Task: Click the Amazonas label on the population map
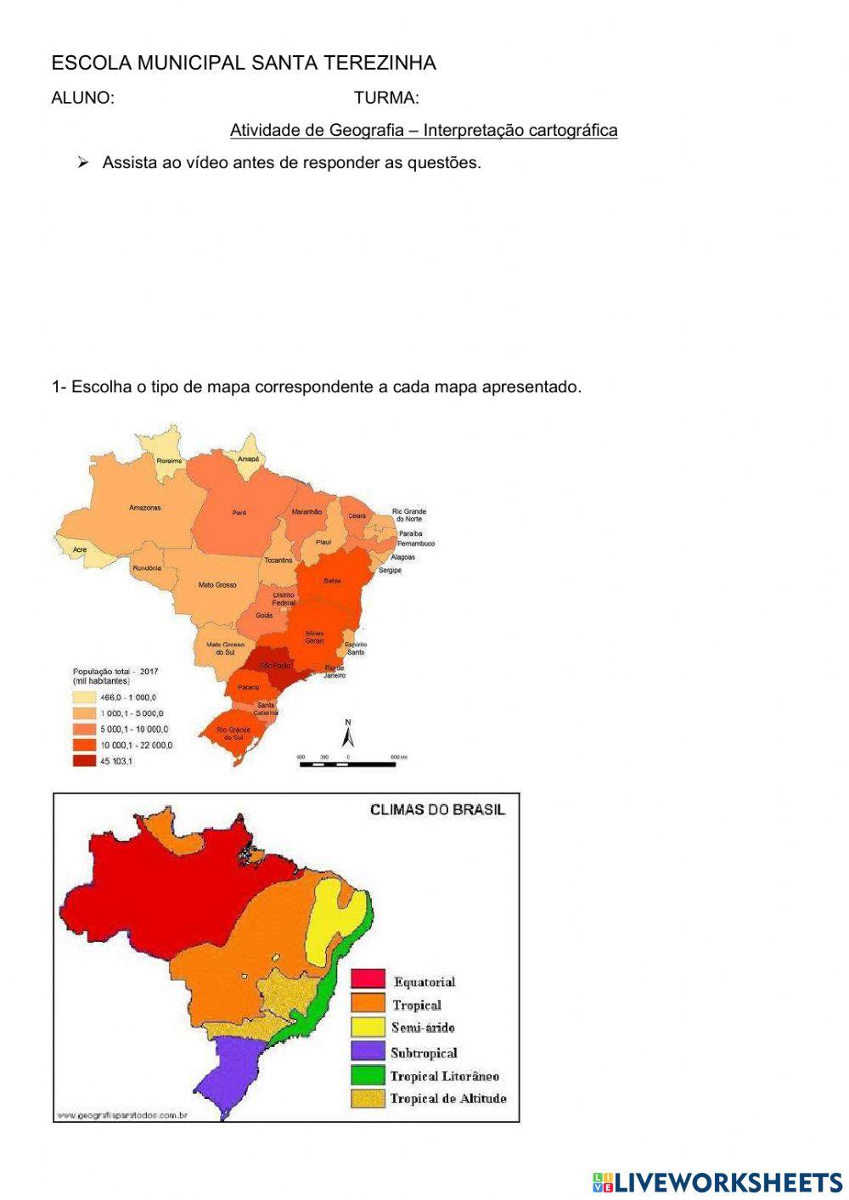[144, 508]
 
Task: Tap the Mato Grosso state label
[217, 585]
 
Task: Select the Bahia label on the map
[332, 581]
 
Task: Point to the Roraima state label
[169, 460]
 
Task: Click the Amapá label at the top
[248, 459]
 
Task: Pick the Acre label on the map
[80, 549]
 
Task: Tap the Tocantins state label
[278, 561]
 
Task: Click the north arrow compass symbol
[347, 733]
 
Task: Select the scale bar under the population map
[347, 764]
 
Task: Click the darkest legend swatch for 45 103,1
[84, 761]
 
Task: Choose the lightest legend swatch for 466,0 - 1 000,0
[84, 697]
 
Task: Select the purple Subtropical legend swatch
[368, 1051]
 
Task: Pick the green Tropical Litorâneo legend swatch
[368, 1075]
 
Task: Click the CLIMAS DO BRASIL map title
[437, 809]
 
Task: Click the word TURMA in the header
[386, 98]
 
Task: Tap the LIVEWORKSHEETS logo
[717, 1181]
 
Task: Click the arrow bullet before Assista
[83, 162]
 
